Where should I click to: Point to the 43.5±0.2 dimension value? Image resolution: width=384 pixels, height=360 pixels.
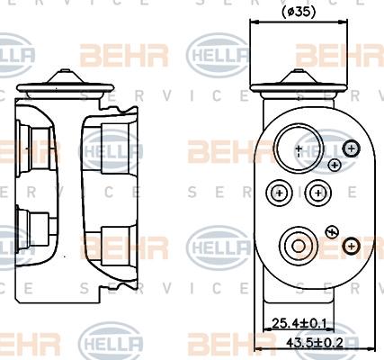[x=315, y=343]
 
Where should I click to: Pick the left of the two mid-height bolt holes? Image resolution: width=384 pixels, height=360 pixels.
[x=279, y=192]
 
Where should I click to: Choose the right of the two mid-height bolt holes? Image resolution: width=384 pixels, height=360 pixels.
[x=317, y=192]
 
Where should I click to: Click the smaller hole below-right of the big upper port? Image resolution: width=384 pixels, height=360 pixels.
[x=335, y=165]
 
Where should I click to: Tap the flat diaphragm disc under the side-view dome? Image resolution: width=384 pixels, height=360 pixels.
[x=65, y=90]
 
